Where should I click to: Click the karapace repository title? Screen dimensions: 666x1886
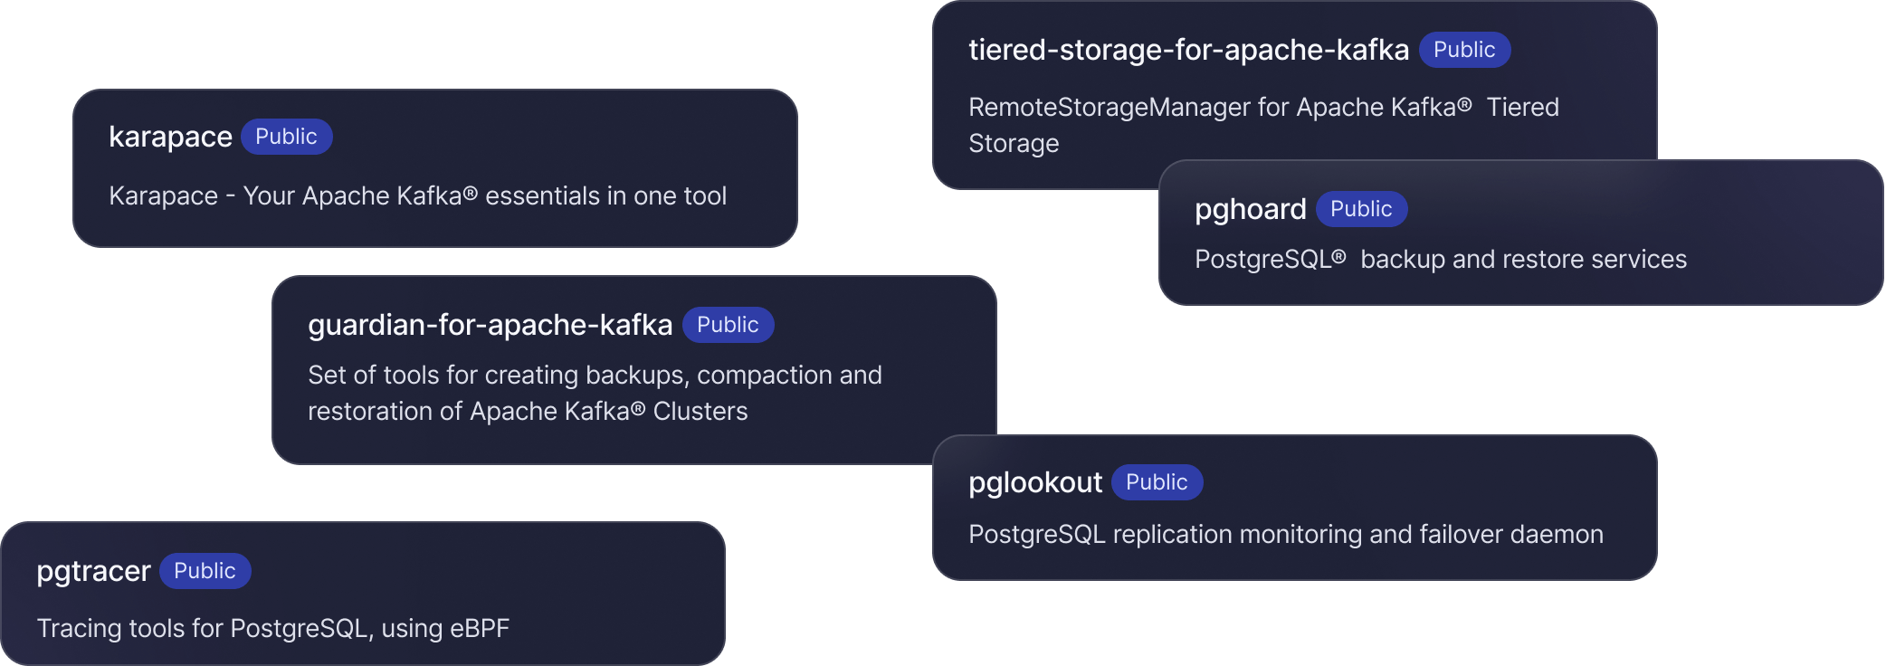tap(170, 137)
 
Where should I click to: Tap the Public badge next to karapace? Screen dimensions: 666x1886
tap(286, 137)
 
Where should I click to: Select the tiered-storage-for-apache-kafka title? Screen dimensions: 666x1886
tap(1188, 50)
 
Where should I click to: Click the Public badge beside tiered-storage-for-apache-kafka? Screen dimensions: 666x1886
tap(1464, 50)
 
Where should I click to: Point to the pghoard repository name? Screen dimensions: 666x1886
tap(1250, 209)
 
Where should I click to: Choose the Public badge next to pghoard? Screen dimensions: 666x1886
tap(1361, 209)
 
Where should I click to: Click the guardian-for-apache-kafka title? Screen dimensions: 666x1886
tap(490, 325)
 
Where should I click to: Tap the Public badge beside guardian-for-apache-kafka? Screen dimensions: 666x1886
tap(728, 325)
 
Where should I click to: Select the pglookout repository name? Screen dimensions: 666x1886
tap(1035, 482)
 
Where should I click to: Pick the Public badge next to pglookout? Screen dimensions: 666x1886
tap(1157, 482)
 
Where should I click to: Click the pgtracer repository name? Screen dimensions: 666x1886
tap(93, 571)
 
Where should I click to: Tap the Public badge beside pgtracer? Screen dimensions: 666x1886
tap(205, 571)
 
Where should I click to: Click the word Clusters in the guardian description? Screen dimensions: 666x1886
tap(700, 412)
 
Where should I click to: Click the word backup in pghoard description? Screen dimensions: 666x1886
tap(1403, 260)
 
